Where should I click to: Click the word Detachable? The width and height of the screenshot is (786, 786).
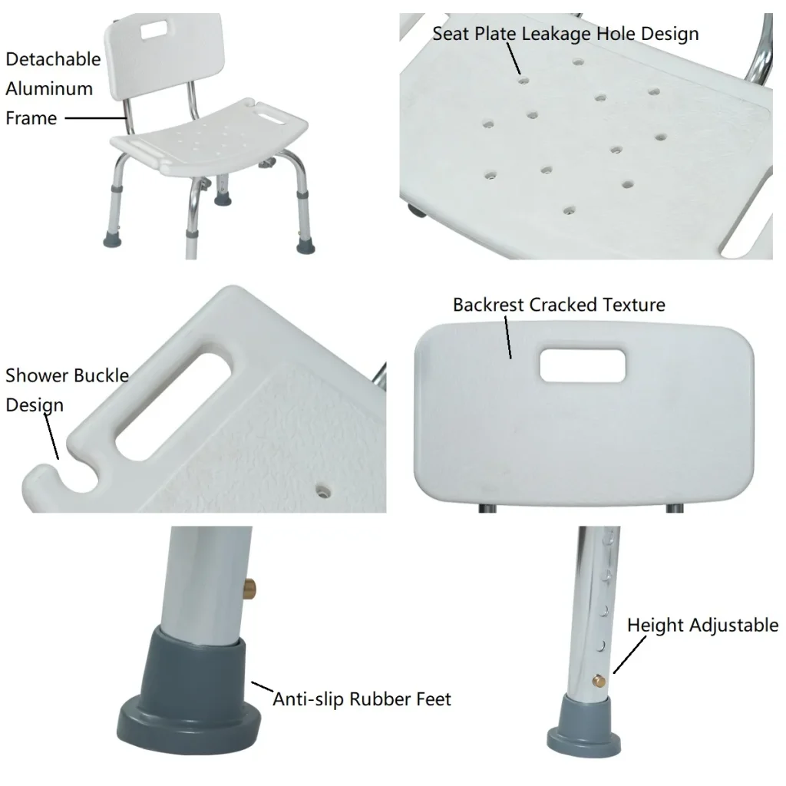pyautogui.click(x=53, y=59)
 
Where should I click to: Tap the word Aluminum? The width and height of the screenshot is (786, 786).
pyautogui.click(x=49, y=89)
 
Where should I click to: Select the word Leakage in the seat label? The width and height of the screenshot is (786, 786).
pyautogui.click(x=556, y=34)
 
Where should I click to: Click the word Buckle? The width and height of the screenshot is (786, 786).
pyautogui.click(x=103, y=375)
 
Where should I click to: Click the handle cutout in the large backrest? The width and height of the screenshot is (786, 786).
pyautogui.click(x=583, y=365)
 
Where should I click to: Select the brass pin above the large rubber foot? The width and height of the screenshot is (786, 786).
pyautogui.click(x=250, y=588)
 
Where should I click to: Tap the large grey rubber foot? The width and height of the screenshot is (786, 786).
pyautogui.click(x=189, y=691)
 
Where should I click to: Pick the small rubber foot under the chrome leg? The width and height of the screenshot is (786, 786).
pyautogui.click(x=584, y=726)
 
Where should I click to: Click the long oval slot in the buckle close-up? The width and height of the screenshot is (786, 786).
pyautogui.click(x=174, y=407)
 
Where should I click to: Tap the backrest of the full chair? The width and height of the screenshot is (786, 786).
pyautogui.click(x=163, y=56)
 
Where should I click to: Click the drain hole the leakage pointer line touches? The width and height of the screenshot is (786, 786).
pyautogui.click(x=523, y=80)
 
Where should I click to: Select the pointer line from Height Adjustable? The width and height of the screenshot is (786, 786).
pyautogui.click(x=629, y=655)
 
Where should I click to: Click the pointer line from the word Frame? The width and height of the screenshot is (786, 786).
pyautogui.click(x=96, y=118)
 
